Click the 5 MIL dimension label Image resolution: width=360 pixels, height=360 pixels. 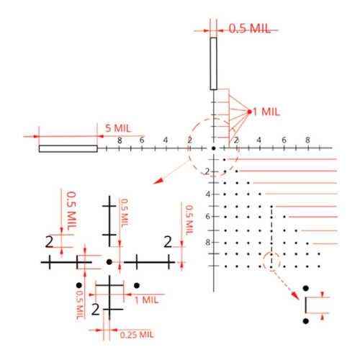[x=118, y=128]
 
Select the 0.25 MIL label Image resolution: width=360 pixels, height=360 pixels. [x=137, y=335]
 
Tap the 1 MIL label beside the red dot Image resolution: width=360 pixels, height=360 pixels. [x=266, y=112]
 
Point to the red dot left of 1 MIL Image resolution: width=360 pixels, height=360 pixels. [x=250, y=112]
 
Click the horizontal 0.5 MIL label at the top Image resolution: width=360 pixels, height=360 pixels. [x=250, y=28]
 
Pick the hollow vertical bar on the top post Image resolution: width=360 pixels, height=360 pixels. [x=213, y=63]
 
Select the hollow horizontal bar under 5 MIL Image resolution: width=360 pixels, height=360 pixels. [x=68, y=148]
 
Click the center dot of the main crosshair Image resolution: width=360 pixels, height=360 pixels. [x=214, y=148]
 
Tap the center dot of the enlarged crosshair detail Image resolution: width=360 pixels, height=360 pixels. [x=109, y=261]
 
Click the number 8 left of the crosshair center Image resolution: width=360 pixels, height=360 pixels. [x=120, y=140]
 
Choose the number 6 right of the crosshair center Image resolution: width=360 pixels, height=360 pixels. [x=284, y=140]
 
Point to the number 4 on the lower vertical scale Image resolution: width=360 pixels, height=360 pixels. [x=208, y=194]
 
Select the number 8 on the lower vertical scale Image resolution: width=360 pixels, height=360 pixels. [x=208, y=242]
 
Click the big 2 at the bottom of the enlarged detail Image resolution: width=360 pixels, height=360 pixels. [x=96, y=309]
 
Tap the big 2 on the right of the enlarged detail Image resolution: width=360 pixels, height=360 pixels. [x=168, y=242]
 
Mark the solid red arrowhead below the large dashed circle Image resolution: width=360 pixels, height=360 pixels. [x=158, y=181]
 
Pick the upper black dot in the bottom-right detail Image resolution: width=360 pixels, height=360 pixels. [x=305, y=288]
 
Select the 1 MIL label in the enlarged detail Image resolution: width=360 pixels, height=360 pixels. [x=147, y=300]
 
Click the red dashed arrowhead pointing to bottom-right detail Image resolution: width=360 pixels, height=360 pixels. [x=296, y=296]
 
